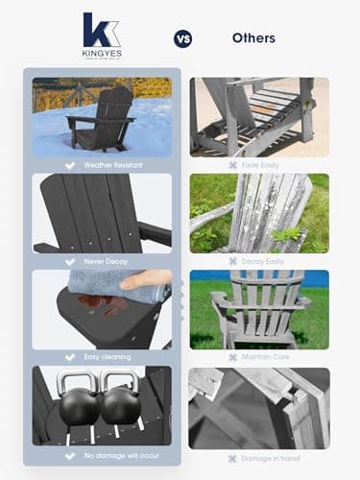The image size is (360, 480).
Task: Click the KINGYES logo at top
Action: (x=102, y=36)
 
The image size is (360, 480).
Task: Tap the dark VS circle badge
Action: (x=182, y=39)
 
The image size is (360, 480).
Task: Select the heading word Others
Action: (x=253, y=38)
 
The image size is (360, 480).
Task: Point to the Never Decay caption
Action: (x=108, y=260)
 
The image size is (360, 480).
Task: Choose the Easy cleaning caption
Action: (x=108, y=357)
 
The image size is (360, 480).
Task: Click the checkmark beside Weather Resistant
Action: (x=67, y=165)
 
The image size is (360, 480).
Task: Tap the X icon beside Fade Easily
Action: (x=233, y=165)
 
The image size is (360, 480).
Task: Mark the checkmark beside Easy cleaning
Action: (x=69, y=357)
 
